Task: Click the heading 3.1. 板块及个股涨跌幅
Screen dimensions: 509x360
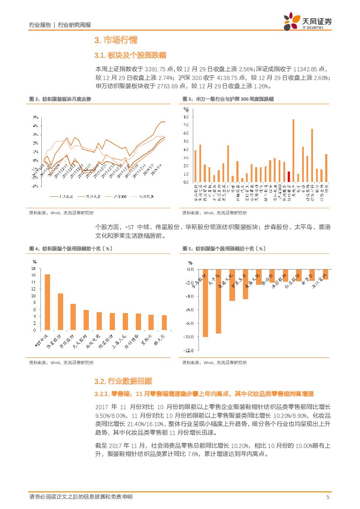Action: point(130,55)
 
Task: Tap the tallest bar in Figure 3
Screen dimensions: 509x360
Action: point(293,150)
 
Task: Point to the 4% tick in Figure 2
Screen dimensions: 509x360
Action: point(35,126)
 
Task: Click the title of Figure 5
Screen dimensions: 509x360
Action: point(224,249)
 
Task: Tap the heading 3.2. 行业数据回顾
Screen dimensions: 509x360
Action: point(123,381)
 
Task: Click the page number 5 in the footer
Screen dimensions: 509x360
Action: point(328,497)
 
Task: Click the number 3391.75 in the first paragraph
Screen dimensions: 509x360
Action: point(154,69)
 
